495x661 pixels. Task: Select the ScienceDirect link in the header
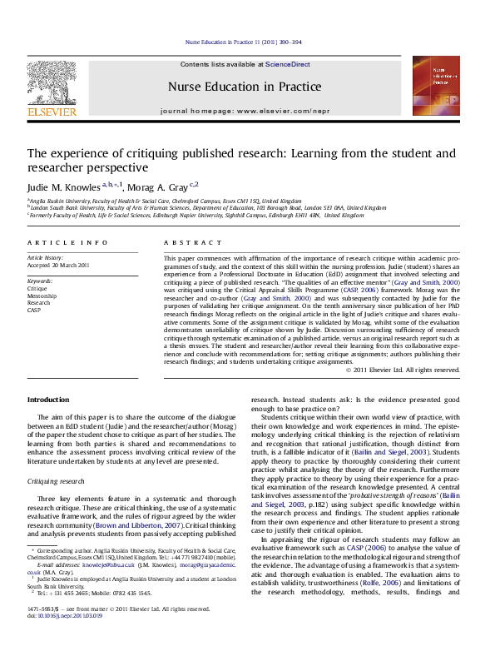(x=288, y=64)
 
